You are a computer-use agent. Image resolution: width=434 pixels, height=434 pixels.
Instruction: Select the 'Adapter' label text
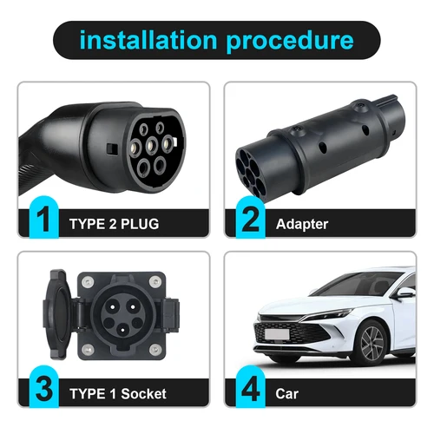point(302,224)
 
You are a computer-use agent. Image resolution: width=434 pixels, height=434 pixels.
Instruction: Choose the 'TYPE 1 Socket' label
point(119,391)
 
